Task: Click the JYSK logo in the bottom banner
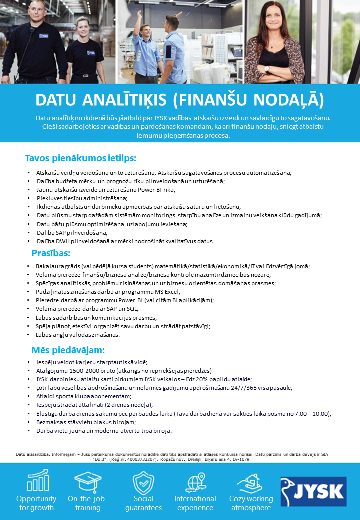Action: [x=313, y=491]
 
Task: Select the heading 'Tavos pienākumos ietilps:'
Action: [x=80, y=158]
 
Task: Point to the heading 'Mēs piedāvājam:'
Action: [x=68, y=350]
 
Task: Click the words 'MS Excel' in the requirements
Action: [x=165, y=292]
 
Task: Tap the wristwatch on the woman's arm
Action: [x=267, y=68]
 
